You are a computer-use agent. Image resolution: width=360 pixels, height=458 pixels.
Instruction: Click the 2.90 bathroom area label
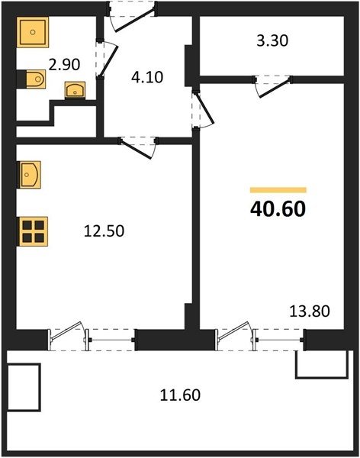64,65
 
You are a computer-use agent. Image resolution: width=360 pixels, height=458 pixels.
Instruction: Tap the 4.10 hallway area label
147,77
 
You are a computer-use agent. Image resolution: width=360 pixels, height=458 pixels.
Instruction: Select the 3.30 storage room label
272,40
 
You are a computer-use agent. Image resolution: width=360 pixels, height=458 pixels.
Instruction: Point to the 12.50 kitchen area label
104,231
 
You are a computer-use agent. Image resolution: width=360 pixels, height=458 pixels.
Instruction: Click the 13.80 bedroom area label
310,311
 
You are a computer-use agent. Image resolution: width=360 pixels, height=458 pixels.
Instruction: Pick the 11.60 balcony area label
180,395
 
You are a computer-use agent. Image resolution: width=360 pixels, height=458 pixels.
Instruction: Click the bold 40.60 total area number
278,209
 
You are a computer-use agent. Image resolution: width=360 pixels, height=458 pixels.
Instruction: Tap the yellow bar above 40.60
278,190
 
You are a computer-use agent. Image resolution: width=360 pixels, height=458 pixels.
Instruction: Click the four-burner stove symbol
32,231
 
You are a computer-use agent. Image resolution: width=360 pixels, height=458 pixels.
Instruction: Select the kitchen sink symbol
29,175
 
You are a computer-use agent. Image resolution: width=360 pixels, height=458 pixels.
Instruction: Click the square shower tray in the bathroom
33,32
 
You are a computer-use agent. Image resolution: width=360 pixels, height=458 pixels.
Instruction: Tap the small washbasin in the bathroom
75,89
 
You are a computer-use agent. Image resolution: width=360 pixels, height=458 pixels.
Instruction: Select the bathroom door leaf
108,60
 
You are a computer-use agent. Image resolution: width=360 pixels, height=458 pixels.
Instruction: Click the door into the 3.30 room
273,87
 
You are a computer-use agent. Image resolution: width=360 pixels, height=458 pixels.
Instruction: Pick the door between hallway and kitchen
136,150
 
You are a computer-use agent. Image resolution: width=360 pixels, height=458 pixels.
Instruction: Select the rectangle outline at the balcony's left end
24,387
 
